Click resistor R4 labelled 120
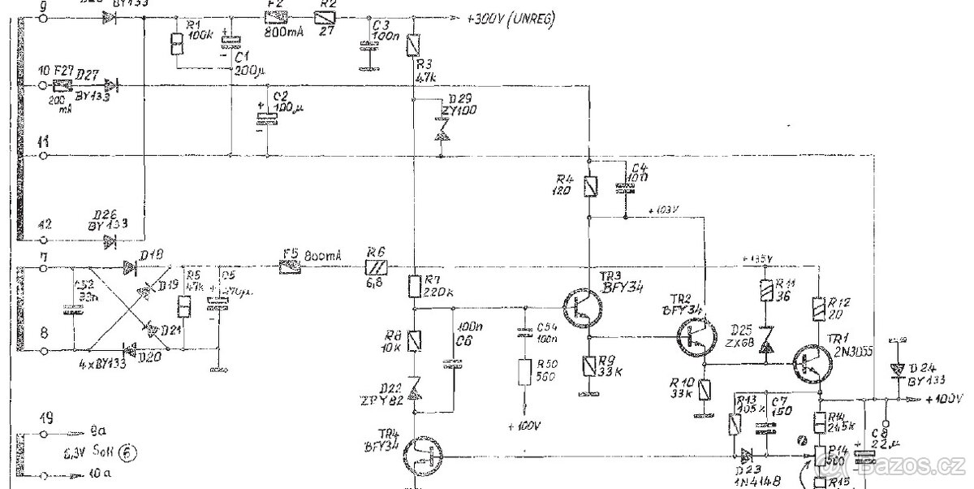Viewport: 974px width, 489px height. (592, 188)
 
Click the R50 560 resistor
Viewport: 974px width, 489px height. (524, 372)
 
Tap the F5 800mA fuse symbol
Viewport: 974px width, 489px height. (290, 266)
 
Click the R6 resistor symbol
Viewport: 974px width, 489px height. (374, 266)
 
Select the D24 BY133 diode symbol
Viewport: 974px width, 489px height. (898, 368)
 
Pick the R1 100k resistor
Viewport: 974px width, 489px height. (175, 45)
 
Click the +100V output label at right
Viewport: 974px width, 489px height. (944, 399)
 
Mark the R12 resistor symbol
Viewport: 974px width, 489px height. (818, 309)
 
